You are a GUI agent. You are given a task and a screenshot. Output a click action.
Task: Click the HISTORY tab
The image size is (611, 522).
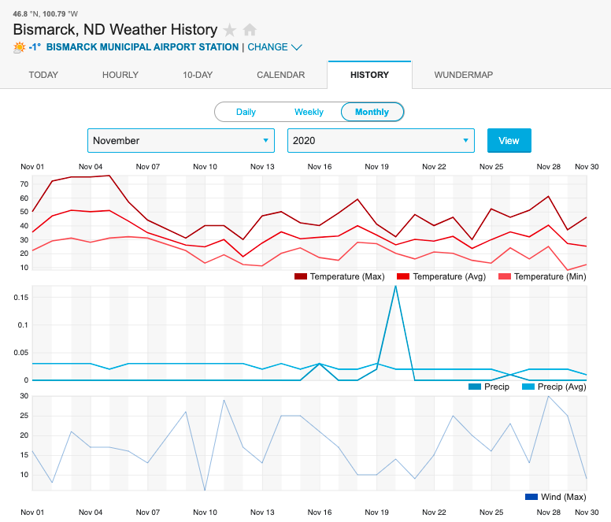369,75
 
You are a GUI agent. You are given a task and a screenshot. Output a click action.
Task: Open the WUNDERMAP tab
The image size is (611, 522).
464,75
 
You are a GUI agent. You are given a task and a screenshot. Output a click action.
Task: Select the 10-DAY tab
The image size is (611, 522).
198,75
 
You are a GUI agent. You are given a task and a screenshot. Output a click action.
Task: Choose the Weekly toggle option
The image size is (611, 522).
309,112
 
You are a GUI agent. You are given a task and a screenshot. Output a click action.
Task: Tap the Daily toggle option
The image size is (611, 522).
246,112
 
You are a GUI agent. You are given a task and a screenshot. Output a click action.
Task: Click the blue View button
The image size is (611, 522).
509,140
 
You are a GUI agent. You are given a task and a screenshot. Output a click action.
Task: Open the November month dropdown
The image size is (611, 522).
180,140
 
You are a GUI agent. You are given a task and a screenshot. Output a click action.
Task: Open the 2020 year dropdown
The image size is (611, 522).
380,140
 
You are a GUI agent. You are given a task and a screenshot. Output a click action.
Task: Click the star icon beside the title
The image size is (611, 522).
230,30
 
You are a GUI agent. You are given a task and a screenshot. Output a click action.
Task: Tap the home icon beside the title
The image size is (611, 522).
250,30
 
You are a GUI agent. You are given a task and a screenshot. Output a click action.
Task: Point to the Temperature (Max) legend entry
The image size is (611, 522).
338,276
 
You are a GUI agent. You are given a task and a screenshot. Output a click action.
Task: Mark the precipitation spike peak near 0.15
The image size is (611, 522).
395,286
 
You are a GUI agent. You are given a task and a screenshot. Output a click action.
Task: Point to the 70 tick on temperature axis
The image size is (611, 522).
24,184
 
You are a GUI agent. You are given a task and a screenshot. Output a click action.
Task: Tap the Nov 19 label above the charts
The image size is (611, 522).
377,167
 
